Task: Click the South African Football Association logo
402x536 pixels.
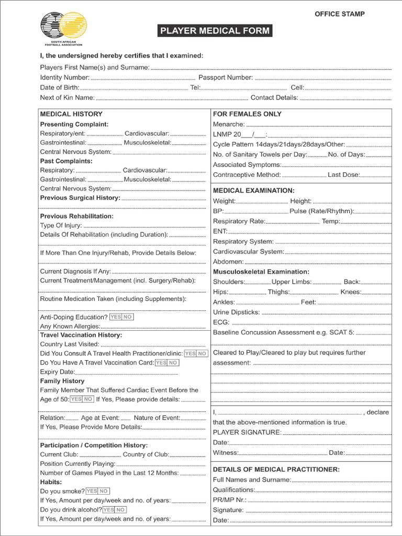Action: click(64, 28)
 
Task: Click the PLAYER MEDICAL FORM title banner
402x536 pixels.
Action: click(215, 31)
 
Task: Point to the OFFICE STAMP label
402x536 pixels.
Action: click(339, 14)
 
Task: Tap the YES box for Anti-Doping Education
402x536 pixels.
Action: click(115, 317)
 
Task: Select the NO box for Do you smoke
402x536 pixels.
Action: click(104, 492)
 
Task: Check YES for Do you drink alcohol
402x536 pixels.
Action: click(108, 510)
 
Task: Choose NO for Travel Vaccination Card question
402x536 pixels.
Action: click(173, 363)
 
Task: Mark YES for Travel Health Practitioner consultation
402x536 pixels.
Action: click(191, 354)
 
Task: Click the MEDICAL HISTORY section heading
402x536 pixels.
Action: click(71, 114)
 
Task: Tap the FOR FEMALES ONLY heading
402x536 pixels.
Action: click(247, 114)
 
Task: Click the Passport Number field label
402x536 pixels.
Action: click(226, 77)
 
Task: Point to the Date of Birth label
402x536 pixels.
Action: click(60, 87)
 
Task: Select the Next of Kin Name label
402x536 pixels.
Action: click(68, 97)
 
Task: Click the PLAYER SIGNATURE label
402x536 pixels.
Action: click(247, 432)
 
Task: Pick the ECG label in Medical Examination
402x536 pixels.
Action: click(221, 322)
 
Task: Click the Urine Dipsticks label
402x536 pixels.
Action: click(236, 312)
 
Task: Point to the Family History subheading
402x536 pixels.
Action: click(62, 381)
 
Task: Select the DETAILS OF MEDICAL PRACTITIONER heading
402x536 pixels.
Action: click(276, 470)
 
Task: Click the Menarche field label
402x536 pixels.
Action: click(229, 125)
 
